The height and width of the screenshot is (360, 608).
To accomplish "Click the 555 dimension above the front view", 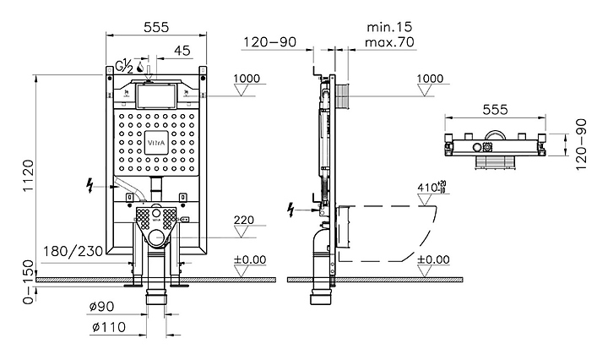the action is pyautogui.click(x=156, y=27).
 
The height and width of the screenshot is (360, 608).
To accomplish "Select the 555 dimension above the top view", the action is pyautogui.click(x=495, y=109).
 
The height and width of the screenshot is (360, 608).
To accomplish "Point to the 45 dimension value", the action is pyautogui.click(x=182, y=51).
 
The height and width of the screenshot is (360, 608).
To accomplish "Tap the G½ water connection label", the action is pyautogui.click(x=125, y=66).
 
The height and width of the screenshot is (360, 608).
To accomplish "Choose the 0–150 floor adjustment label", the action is pyautogui.click(x=29, y=282).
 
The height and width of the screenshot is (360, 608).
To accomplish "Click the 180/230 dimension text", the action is pyautogui.click(x=73, y=251).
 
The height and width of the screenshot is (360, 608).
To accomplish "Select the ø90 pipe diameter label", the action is pyautogui.click(x=101, y=307).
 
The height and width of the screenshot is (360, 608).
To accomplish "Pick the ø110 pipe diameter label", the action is pyautogui.click(x=109, y=327).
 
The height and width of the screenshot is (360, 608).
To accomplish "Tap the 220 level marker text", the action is pyautogui.click(x=244, y=220).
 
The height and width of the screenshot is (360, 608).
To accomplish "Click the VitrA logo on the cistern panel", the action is pyautogui.click(x=156, y=143).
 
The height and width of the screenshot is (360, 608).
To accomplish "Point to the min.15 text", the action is pyautogui.click(x=389, y=27).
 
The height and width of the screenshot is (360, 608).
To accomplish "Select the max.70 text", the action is pyautogui.click(x=389, y=41).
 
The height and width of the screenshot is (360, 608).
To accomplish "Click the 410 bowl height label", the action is pyautogui.click(x=432, y=188).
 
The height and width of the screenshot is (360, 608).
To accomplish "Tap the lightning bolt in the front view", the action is pyautogui.click(x=90, y=185).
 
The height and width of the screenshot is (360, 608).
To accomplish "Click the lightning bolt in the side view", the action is pyautogui.click(x=290, y=210).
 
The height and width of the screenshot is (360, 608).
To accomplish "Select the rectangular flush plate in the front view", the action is pyautogui.click(x=156, y=95).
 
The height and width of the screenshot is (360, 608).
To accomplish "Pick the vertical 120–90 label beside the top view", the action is pyautogui.click(x=581, y=145).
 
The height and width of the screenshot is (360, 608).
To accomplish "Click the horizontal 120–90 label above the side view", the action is pyautogui.click(x=270, y=41).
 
